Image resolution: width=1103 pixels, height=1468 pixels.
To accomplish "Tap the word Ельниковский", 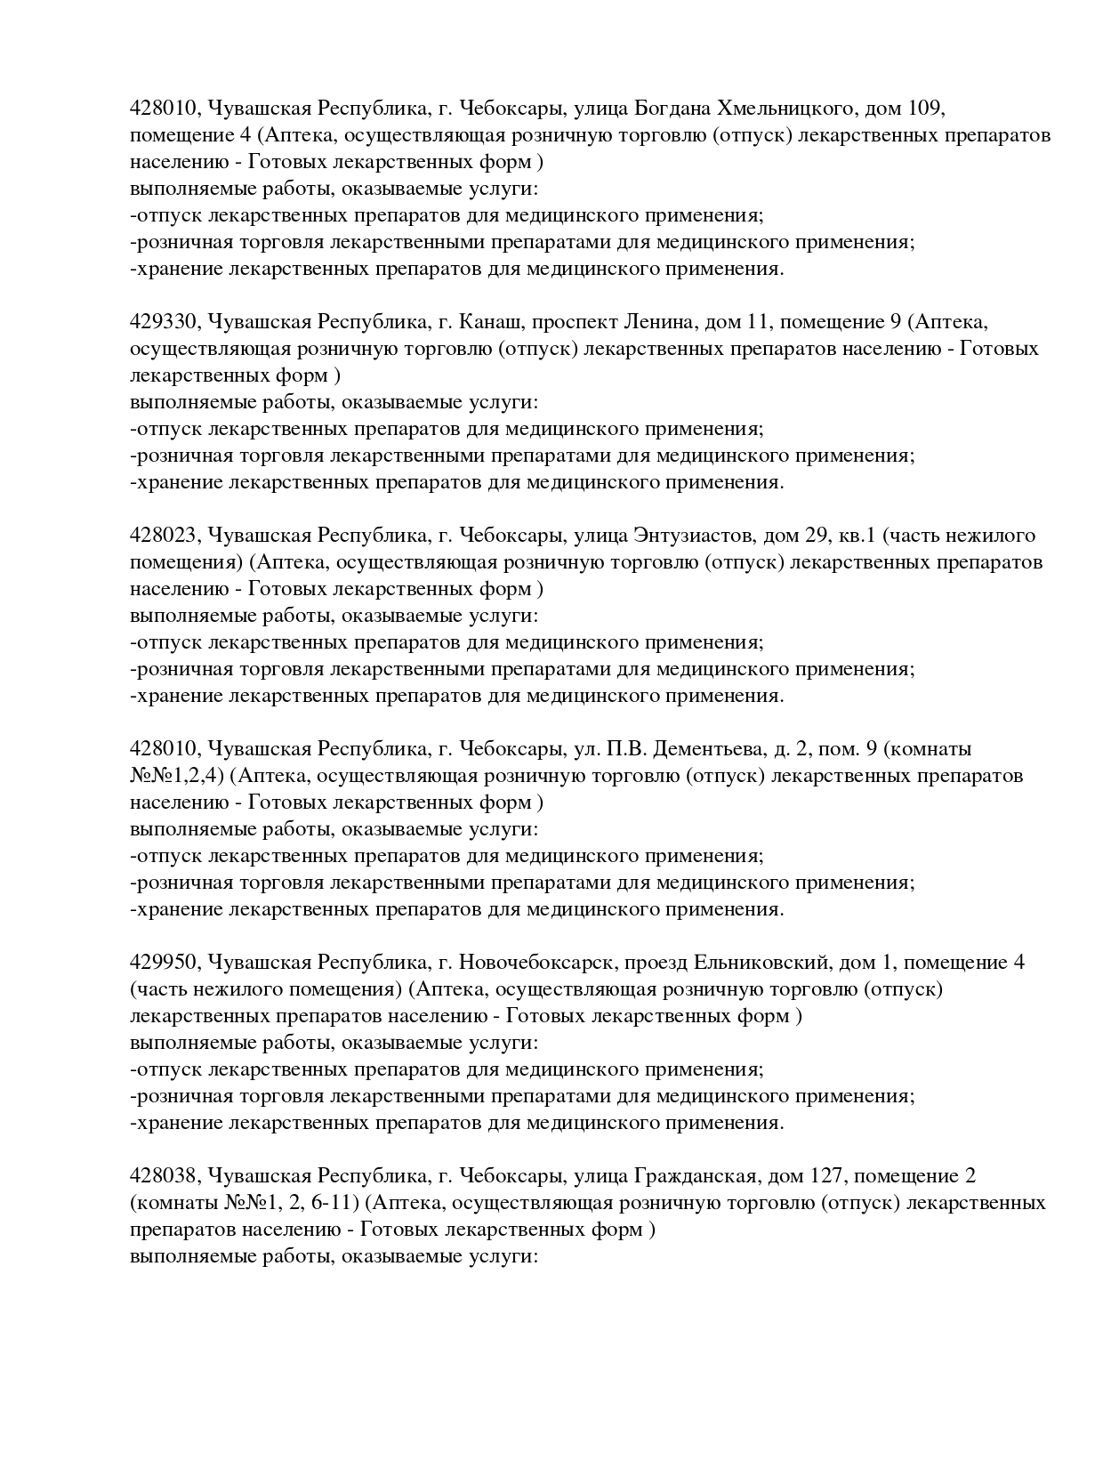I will coord(761,963).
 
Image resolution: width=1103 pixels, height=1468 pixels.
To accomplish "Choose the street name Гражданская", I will coord(695,1176).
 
